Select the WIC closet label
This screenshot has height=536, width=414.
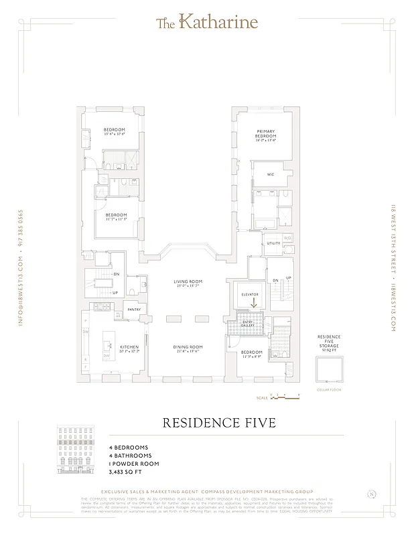pyautogui.click(x=271, y=174)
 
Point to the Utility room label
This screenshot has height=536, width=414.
pyautogui.click(x=273, y=243)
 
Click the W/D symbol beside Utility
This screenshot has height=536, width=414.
pyautogui.click(x=288, y=238)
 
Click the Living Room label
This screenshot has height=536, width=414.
pyautogui.click(x=188, y=281)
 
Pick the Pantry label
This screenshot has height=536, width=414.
pyautogui.click(x=134, y=310)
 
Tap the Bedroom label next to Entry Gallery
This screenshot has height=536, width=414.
pyautogui.click(x=252, y=352)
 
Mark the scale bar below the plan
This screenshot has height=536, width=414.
pyautogui.click(x=281, y=397)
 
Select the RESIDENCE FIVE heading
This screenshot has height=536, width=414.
pyautogui.click(x=206, y=423)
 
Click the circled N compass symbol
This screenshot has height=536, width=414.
pyautogui.click(x=371, y=494)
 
